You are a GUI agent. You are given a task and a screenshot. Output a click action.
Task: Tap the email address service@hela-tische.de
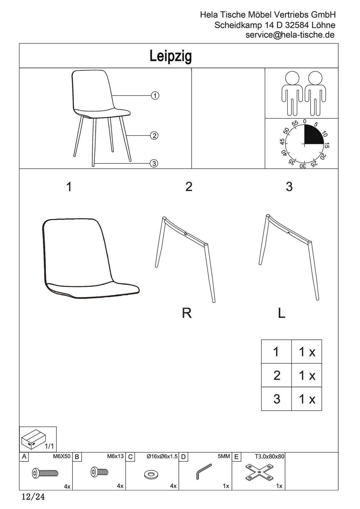[x=290, y=35]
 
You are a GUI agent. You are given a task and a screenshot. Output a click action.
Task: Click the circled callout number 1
[x=155, y=96]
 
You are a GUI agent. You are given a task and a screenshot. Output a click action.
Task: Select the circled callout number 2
[x=154, y=135]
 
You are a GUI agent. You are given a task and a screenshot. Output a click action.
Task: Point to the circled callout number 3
[x=154, y=164]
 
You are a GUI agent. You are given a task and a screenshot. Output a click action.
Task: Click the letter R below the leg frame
[x=187, y=313]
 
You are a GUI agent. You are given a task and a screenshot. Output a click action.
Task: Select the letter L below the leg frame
[x=281, y=313]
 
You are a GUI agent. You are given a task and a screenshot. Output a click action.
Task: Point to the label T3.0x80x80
[x=269, y=457]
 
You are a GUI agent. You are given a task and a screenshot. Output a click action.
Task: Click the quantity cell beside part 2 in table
[x=307, y=375]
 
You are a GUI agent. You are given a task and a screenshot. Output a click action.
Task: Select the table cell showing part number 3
[x=277, y=399]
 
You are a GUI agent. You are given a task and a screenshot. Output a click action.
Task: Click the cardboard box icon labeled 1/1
[x=33, y=438]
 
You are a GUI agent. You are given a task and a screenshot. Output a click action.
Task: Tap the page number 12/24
[x=33, y=497]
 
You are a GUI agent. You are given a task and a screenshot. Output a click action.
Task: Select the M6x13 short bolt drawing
[x=99, y=472]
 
